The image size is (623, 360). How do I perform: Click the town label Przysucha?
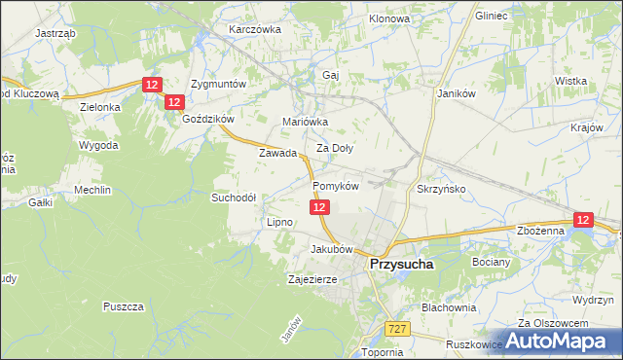pyautogui.click(x=401, y=263)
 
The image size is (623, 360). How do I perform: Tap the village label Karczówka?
pyautogui.click(x=254, y=29)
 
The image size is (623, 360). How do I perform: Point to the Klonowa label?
pyautogui.click(x=389, y=18)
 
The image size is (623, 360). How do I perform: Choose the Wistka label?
pyautogui.click(x=569, y=81)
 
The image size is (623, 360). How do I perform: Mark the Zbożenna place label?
pyautogui.click(x=541, y=231)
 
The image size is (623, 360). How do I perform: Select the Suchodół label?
pyautogui.click(x=234, y=197)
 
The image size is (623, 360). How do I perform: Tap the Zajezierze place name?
pyautogui.click(x=312, y=279)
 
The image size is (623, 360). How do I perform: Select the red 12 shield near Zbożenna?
pyautogui.click(x=583, y=221)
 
